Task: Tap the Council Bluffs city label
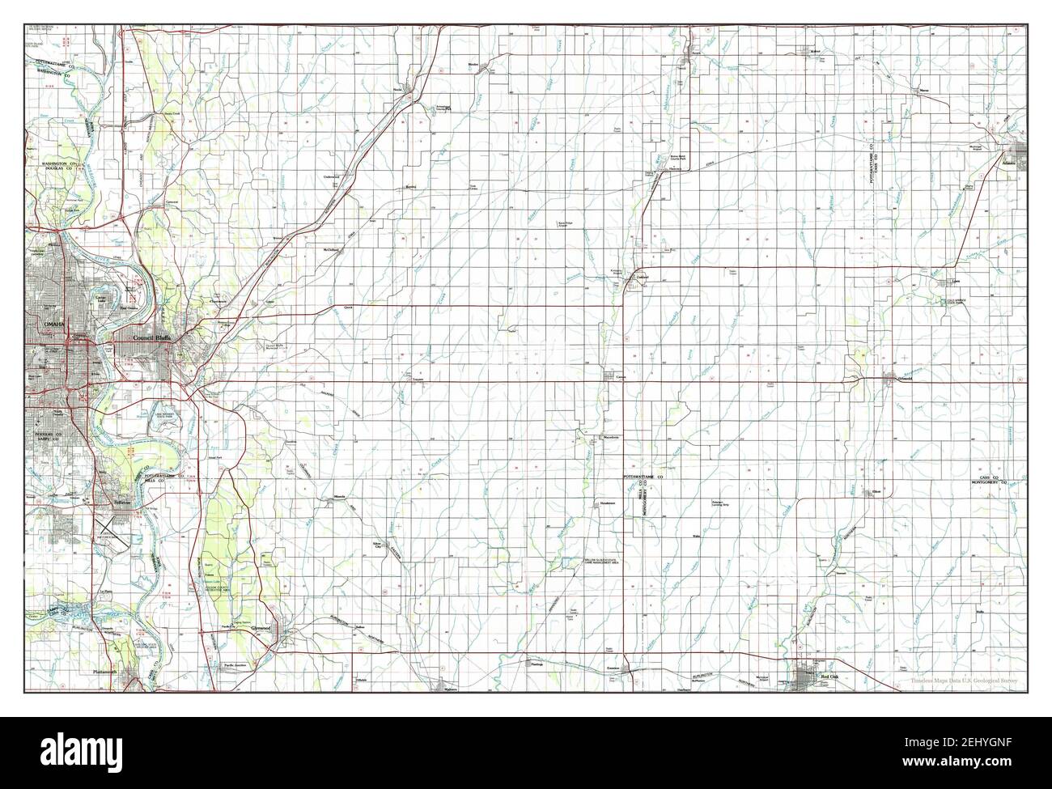pos(156,337)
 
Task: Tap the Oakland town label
pos(643,277)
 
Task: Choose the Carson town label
pos(621,378)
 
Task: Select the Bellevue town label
pos(121,502)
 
